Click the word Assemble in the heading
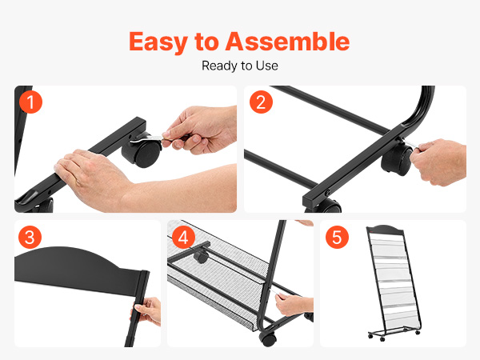[x=287, y=41]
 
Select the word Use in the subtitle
[x=267, y=66]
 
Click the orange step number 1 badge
[x=30, y=102]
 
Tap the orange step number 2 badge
[x=261, y=102]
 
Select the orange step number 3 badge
[x=30, y=238]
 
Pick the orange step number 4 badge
[x=183, y=238]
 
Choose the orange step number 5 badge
[x=337, y=238]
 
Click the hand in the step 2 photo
[x=438, y=162]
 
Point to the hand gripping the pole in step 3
[x=147, y=310]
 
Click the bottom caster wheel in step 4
[x=267, y=339]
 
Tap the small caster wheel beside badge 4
[x=201, y=256]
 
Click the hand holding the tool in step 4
[x=294, y=304]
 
